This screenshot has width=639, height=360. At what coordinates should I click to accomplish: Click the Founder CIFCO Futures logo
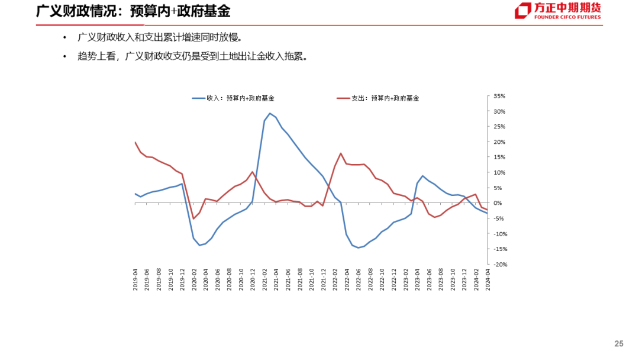[557, 11]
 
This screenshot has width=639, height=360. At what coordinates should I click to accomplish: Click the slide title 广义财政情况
[133, 11]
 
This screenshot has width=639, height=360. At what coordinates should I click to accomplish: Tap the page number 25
[619, 344]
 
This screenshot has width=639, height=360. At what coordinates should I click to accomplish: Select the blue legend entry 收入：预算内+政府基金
[237, 98]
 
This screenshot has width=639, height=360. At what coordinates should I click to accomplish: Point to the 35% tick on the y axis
[498, 96]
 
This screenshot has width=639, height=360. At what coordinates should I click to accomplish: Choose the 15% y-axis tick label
[498, 157]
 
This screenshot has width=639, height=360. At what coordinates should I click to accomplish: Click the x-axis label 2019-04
[135, 278]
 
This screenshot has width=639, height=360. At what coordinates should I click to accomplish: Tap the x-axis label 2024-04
[488, 278]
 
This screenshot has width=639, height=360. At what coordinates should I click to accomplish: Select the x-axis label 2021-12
[323, 278]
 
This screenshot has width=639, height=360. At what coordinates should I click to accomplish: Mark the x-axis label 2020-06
[218, 278]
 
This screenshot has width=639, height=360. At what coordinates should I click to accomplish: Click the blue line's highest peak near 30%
[270, 113]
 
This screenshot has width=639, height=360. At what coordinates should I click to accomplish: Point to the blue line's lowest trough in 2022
[358, 247]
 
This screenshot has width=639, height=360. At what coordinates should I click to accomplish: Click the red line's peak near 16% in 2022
[341, 153]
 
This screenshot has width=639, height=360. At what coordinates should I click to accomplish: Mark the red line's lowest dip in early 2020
[193, 218]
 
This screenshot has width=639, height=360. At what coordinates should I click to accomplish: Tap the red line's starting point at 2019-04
[135, 142]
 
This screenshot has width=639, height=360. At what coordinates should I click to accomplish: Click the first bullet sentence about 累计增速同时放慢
[160, 38]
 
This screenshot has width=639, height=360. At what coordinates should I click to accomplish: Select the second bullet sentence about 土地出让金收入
[192, 57]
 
